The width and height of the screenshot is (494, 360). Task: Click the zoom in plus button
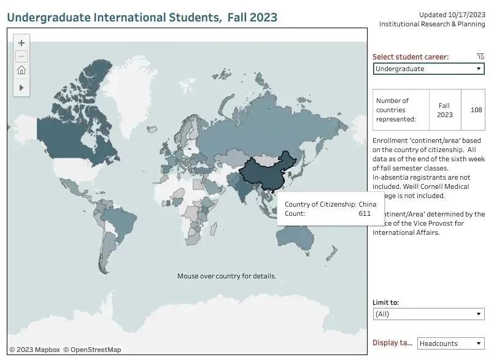point(21,43)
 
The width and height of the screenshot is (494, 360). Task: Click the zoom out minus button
point(21,56)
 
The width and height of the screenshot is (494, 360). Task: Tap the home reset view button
point(21,71)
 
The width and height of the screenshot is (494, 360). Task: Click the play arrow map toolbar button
point(21,88)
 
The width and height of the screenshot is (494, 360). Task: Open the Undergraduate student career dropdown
point(428,69)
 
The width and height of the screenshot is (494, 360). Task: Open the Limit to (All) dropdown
point(428,314)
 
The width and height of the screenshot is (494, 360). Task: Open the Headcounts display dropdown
point(450,343)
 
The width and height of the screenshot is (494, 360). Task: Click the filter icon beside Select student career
point(480,56)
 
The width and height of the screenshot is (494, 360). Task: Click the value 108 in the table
point(476,110)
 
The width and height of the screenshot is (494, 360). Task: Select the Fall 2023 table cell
point(444,110)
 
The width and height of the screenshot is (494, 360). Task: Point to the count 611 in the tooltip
point(365,213)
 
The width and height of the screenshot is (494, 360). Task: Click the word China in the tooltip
point(367,204)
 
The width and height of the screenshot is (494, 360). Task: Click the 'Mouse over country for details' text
point(226,276)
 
